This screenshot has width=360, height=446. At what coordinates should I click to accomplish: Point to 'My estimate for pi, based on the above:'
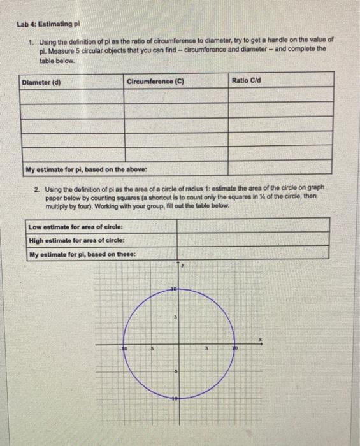coord(85,169)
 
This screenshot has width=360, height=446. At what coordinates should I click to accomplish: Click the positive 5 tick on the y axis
coord(175,317)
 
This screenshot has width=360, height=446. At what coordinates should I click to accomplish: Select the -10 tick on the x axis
coord(126,350)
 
